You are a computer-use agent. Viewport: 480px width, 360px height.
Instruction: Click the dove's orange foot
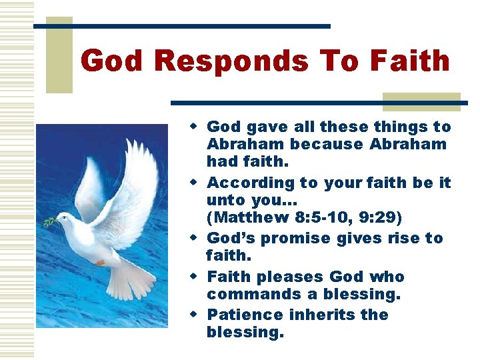(x=99, y=263)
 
